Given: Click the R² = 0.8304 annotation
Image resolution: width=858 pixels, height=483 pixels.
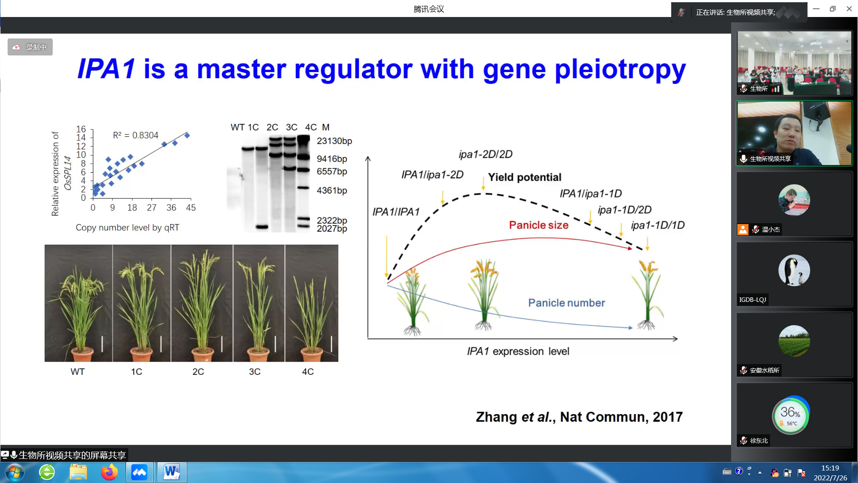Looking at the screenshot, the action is [135, 135].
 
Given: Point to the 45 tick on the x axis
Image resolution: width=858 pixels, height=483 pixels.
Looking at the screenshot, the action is [191, 208].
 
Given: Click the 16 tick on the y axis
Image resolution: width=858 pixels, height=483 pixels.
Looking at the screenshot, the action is [81, 129].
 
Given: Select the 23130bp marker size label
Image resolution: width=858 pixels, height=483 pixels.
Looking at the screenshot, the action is [334, 141].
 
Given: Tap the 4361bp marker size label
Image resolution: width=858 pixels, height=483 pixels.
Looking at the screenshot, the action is [332, 191].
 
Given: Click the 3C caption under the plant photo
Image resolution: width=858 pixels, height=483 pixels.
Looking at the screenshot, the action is [255, 372].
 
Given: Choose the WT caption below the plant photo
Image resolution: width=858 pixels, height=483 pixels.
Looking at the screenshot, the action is [77, 372].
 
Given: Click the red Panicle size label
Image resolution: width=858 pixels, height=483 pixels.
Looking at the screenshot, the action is [538, 225].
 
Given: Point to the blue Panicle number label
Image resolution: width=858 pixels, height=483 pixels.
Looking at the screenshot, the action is [567, 303].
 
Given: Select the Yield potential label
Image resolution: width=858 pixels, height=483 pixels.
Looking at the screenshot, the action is [525, 178].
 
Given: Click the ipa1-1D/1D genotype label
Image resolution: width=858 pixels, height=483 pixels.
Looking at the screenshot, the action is [658, 225].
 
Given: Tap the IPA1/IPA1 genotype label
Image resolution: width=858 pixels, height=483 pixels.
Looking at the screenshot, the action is [396, 212].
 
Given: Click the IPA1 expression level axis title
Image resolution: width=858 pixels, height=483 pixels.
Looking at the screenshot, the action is [518, 352].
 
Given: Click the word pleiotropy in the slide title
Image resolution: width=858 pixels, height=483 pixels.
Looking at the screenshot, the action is [620, 70].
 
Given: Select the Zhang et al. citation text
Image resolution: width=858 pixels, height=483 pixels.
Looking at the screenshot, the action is [579, 417].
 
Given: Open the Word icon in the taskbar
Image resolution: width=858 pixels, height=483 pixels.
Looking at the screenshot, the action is [172, 472].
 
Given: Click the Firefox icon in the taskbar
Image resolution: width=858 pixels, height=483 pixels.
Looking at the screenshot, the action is [109, 472].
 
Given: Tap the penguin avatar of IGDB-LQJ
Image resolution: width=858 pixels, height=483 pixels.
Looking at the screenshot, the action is [794, 270].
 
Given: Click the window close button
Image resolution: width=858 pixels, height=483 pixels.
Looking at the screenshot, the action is [849, 8].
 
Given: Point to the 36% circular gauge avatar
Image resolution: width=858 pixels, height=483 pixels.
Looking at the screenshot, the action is [791, 415].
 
